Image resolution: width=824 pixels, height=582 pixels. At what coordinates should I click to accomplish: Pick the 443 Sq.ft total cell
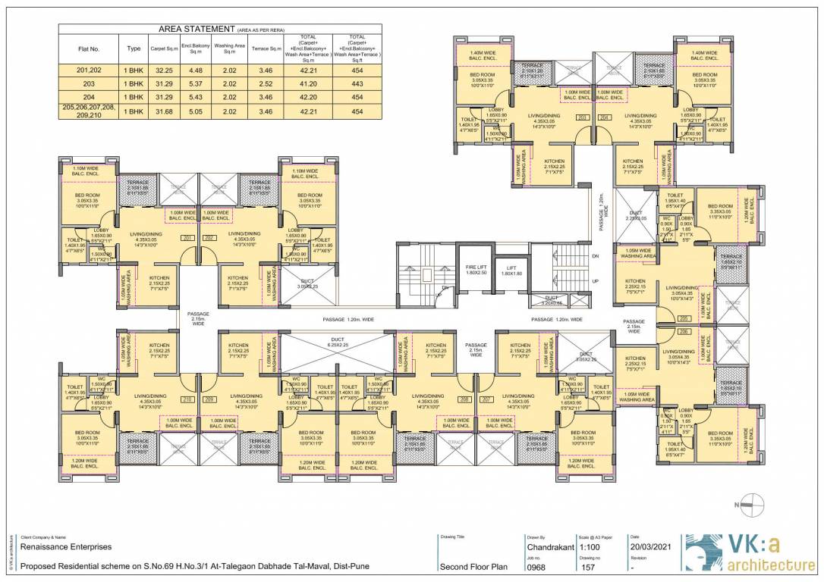(357, 84)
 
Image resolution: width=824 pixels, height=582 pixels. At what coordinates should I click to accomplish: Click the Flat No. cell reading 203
(89, 84)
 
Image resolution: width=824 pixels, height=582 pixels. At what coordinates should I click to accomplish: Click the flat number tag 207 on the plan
(486, 399)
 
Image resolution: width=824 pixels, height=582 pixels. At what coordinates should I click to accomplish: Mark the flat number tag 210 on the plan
(187, 399)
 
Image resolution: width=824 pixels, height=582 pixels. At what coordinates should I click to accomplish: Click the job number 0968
(536, 566)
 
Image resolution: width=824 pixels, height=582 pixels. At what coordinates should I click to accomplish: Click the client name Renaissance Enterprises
(66, 546)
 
